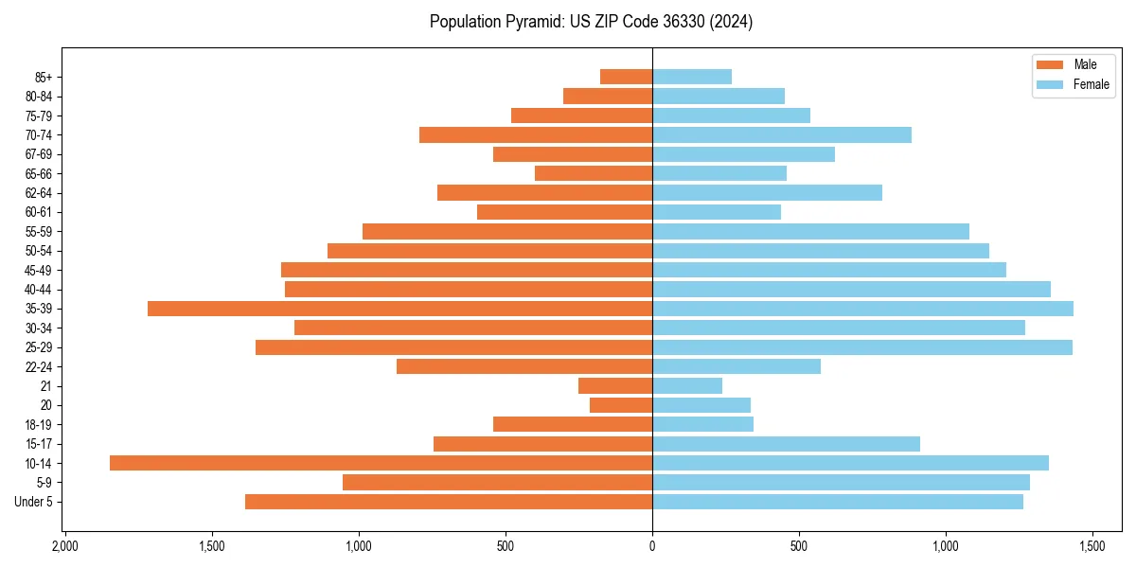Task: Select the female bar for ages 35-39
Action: point(862,309)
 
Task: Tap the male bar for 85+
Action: point(626,77)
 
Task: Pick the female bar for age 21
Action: point(687,386)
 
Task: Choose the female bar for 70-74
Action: point(782,134)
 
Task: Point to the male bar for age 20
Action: point(621,405)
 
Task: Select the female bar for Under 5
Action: point(838,502)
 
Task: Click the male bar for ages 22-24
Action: point(524,366)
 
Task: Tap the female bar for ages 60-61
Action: point(717,212)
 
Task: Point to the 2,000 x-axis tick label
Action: point(64,547)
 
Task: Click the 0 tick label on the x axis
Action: point(652,547)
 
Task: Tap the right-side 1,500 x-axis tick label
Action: point(1092,547)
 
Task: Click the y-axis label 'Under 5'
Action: point(34,502)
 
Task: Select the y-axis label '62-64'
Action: point(39,193)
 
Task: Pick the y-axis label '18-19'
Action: point(39,425)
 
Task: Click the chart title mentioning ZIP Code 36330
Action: point(592,22)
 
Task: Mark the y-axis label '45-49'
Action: point(39,270)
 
